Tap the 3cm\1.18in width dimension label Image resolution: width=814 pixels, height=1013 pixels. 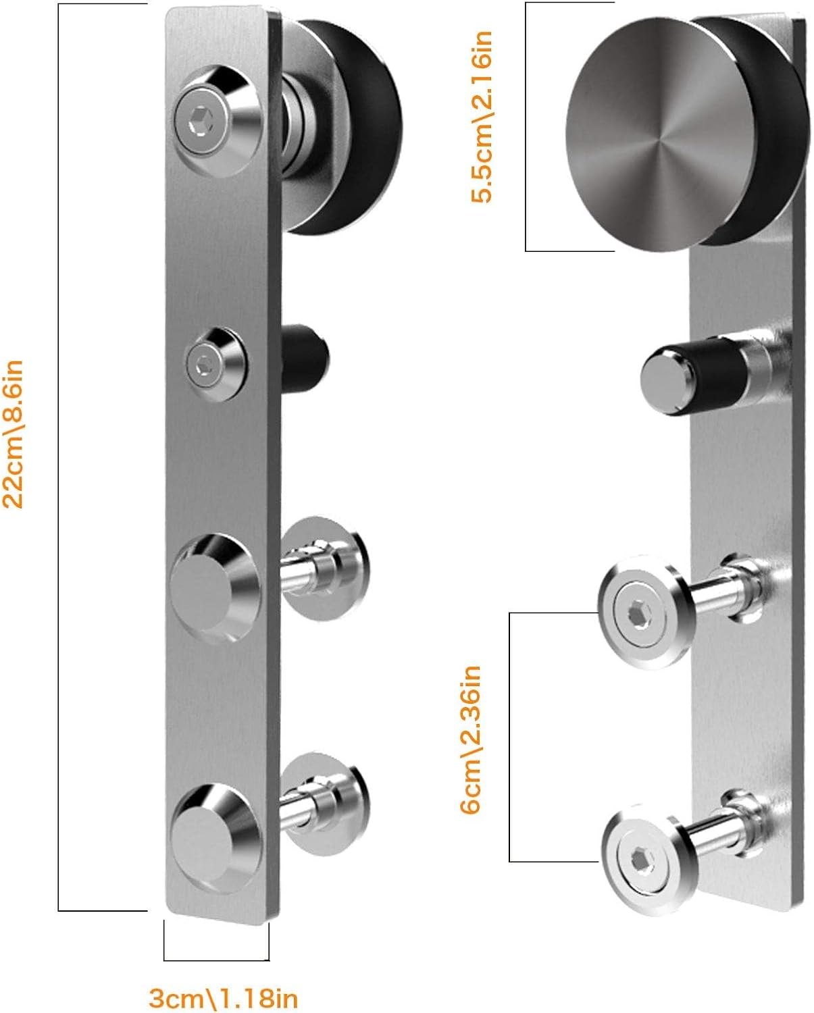223,997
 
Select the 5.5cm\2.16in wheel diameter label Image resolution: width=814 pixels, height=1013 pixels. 482,116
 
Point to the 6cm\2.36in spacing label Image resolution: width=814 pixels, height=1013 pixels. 470,739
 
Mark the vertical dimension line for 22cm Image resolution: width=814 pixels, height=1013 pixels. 59,457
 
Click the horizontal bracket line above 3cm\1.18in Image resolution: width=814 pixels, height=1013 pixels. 216,960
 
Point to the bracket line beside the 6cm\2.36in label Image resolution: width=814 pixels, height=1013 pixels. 509,737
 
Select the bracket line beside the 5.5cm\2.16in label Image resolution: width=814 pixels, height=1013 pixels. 526,126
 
